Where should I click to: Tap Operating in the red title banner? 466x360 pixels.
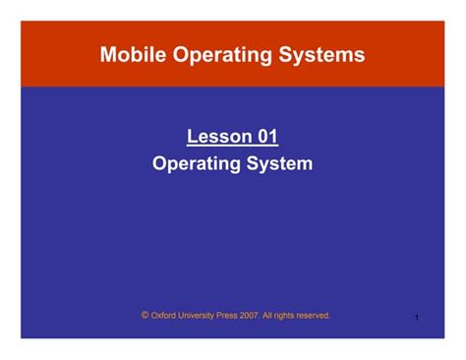pos(218,55)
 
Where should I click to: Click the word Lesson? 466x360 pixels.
pos(216,137)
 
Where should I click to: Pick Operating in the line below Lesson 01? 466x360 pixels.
pos(197,164)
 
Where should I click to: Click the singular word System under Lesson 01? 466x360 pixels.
pos(278,164)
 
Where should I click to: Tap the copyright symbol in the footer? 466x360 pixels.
pos(145,316)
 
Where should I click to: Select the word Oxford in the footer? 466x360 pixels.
pos(166,316)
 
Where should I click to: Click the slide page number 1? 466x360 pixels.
pos(418,317)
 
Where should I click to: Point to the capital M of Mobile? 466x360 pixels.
pos(107,55)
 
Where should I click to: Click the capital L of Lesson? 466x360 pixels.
pos(193,137)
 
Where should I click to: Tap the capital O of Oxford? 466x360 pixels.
pos(155,316)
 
